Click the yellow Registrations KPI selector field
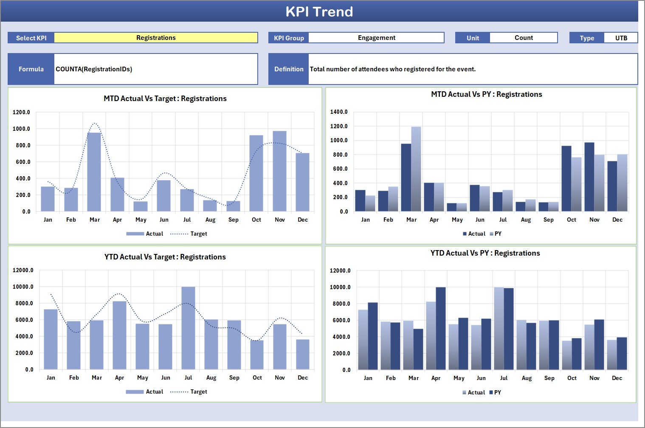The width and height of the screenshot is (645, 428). (x=156, y=38)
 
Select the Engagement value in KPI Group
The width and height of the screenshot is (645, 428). (x=376, y=38)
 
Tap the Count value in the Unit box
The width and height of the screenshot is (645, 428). (x=524, y=38)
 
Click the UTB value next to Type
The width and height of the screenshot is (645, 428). (x=621, y=38)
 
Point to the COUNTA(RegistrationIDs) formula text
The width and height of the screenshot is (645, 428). (x=94, y=69)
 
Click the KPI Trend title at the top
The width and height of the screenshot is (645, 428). (x=319, y=11)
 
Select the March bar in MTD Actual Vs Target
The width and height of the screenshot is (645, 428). (x=94, y=172)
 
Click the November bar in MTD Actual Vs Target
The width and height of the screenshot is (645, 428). (x=279, y=171)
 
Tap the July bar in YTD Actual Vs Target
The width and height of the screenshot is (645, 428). (x=188, y=328)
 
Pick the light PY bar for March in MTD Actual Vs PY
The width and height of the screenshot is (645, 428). (x=416, y=169)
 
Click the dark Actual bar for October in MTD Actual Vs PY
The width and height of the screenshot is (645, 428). (x=566, y=178)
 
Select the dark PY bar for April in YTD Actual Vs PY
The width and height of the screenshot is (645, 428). (x=441, y=328)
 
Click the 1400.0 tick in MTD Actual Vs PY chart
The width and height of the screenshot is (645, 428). (x=339, y=112)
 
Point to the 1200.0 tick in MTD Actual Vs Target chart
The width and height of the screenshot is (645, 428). (x=21, y=113)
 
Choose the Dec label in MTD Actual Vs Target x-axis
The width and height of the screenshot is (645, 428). (x=303, y=220)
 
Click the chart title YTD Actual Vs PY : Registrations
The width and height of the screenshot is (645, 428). (x=485, y=253)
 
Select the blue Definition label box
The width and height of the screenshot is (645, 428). (x=289, y=69)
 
